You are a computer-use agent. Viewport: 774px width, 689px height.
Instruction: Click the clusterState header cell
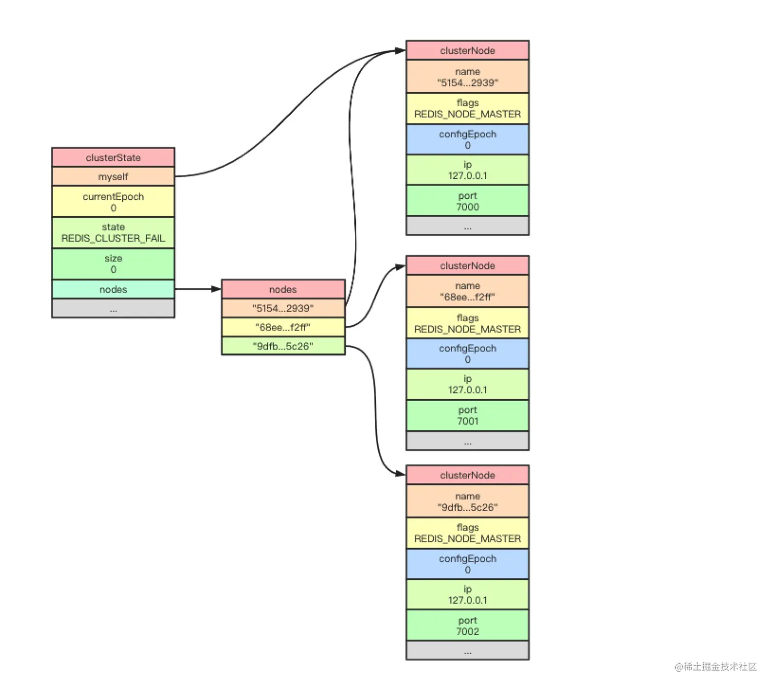[x=113, y=157]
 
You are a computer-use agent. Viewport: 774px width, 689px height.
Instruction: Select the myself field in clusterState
[x=113, y=177]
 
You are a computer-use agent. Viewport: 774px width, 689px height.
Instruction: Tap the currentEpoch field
[x=113, y=202]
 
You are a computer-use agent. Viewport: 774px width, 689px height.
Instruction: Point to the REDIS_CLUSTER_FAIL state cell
[x=113, y=233]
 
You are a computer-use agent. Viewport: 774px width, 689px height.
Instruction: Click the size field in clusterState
[x=113, y=264]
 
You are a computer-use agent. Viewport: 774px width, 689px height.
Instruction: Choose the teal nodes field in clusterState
[x=113, y=289]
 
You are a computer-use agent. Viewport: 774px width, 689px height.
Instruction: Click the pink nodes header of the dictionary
[x=283, y=289]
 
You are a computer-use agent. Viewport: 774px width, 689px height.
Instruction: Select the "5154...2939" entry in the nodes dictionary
[x=283, y=308]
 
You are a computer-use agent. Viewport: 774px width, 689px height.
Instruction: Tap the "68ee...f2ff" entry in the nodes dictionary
[x=283, y=327]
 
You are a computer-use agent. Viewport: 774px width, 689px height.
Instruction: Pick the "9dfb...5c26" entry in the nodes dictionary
[x=283, y=346]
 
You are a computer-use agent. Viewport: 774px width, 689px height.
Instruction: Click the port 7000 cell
[x=467, y=201]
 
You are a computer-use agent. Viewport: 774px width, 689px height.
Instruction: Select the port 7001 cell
[x=467, y=415]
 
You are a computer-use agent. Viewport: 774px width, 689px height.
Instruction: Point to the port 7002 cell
[x=467, y=625]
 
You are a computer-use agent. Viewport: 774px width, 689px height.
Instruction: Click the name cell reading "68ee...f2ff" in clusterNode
[x=467, y=291]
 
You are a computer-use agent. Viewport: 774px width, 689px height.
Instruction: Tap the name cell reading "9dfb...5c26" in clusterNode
[x=467, y=502]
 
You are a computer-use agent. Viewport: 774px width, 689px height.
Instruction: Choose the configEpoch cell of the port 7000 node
[x=467, y=139]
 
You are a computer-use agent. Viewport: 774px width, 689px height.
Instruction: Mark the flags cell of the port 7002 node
[x=467, y=533]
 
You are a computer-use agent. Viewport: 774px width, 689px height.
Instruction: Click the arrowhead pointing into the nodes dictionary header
[x=216, y=289]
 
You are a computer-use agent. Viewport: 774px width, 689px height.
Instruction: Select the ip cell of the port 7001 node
[x=467, y=384]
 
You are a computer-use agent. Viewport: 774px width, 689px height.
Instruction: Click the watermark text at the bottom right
[x=715, y=666]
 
